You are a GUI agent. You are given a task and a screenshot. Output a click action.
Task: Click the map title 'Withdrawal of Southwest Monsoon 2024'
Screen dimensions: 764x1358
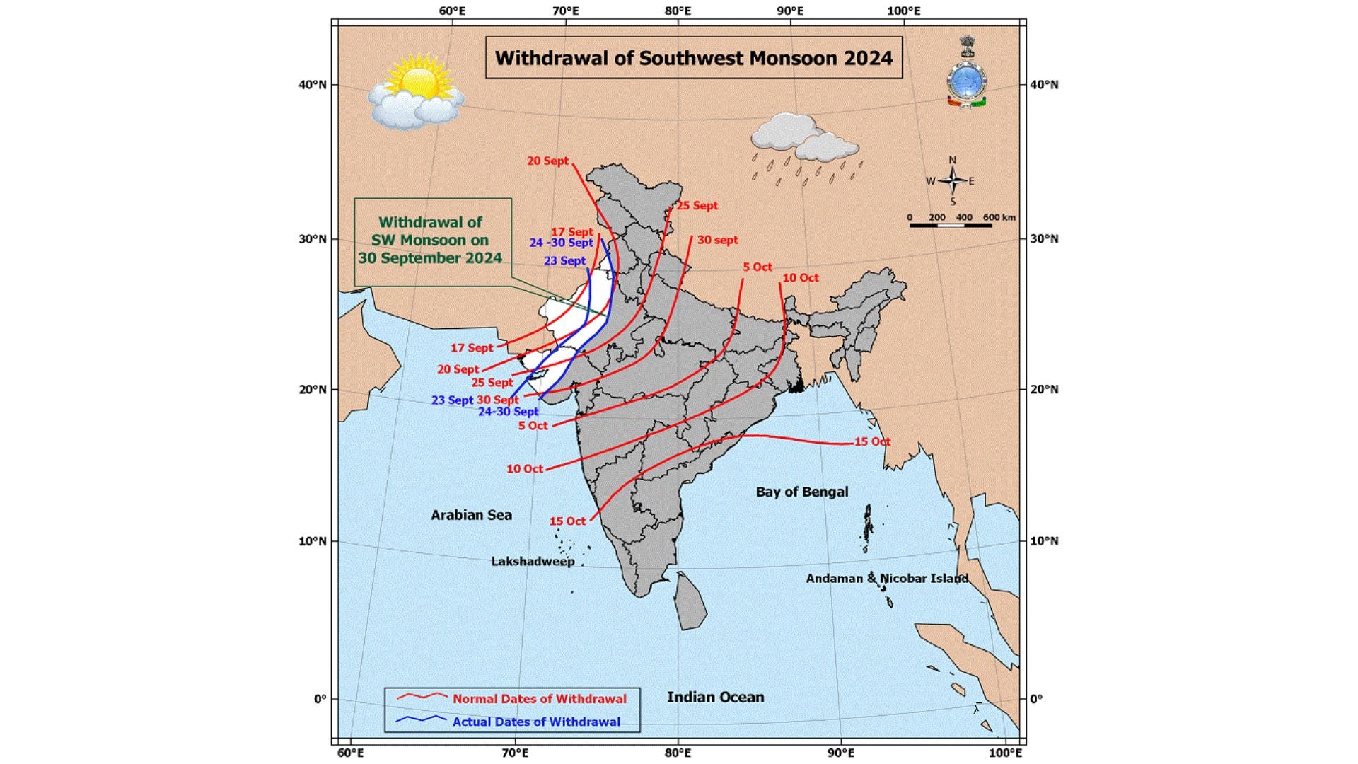pyautogui.click(x=693, y=58)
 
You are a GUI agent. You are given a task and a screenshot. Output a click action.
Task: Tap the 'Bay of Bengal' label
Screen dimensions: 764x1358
pyautogui.click(x=801, y=492)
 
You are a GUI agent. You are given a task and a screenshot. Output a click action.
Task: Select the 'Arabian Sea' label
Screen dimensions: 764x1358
pyautogui.click(x=471, y=515)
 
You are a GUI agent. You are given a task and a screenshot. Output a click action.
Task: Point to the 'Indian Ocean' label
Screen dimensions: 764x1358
pyautogui.click(x=715, y=697)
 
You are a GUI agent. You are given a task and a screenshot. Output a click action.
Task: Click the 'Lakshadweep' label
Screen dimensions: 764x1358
pyautogui.click(x=533, y=562)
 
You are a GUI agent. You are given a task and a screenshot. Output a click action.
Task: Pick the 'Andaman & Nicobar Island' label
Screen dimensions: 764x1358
pyautogui.click(x=887, y=579)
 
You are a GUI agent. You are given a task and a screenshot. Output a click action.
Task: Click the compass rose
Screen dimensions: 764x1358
pyautogui.click(x=952, y=181)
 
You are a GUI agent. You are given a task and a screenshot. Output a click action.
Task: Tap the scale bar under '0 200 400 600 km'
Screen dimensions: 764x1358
pyautogui.click(x=950, y=226)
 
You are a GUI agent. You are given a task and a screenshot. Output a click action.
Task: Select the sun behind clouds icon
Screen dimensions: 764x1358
pyautogui.click(x=415, y=95)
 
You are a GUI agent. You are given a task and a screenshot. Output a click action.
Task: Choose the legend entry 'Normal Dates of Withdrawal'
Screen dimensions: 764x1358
pyautogui.click(x=539, y=699)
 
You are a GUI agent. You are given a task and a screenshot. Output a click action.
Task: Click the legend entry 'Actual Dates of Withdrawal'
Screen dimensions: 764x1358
pyautogui.click(x=536, y=722)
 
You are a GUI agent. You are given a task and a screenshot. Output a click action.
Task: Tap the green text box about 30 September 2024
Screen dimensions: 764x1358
pyautogui.click(x=431, y=241)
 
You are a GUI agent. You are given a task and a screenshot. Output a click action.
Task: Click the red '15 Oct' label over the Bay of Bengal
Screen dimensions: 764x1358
pyautogui.click(x=872, y=441)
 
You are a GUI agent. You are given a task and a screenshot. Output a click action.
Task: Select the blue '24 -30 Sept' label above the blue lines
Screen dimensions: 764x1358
pyautogui.click(x=561, y=243)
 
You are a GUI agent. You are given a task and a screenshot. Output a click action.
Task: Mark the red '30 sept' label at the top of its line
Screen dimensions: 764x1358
pyautogui.click(x=717, y=241)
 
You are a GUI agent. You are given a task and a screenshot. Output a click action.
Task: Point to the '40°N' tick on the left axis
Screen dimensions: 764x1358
pyautogui.click(x=312, y=85)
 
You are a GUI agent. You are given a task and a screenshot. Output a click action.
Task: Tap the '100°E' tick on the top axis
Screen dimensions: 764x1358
pyautogui.click(x=903, y=11)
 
